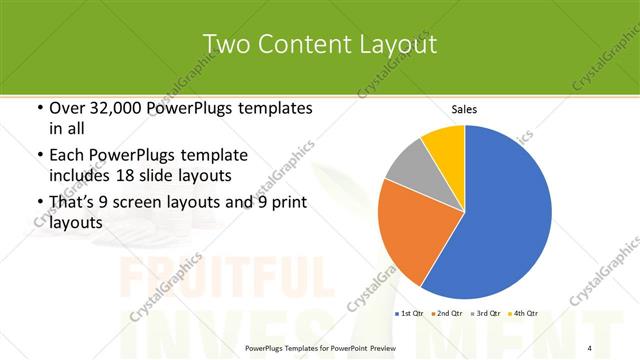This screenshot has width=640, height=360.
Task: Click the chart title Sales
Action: coord(464,109)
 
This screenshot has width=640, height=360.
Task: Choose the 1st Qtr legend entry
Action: coord(408,314)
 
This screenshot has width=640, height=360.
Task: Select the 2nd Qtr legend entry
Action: coord(447,314)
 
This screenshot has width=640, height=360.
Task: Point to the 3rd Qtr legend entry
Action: coord(486,314)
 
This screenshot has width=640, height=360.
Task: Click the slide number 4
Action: coord(589,345)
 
